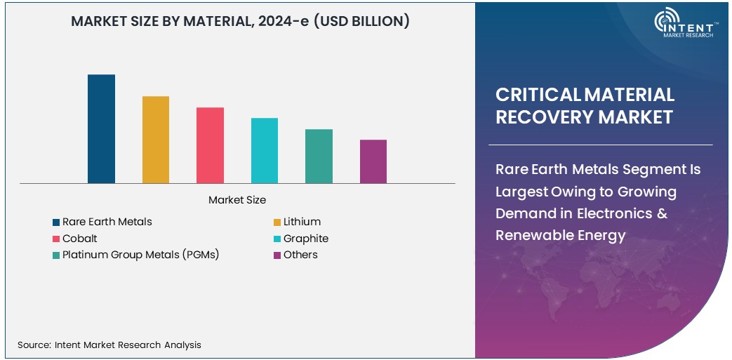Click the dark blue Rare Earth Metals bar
click(x=101, y=129)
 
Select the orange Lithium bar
click(x=156, y=140)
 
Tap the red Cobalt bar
click(x=210, y=145)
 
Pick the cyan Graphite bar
click(x=265, y=151)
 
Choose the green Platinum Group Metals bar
click(x=319, y=156)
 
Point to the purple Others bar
click(x=373, y=161)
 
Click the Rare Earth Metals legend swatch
click(x=56, y=222)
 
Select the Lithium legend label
click(x=302, y=222)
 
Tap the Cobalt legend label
click(x=79, y=239)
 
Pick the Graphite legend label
click(x=305, y=239)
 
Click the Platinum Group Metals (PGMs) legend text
click(x=140, y=255)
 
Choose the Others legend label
click(x=300, y=255)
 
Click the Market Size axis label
click(x=237, y=200)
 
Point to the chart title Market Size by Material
click(x=240, y=22)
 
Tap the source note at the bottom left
click(x=109, y=345)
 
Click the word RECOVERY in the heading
click(x=538, y=116)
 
